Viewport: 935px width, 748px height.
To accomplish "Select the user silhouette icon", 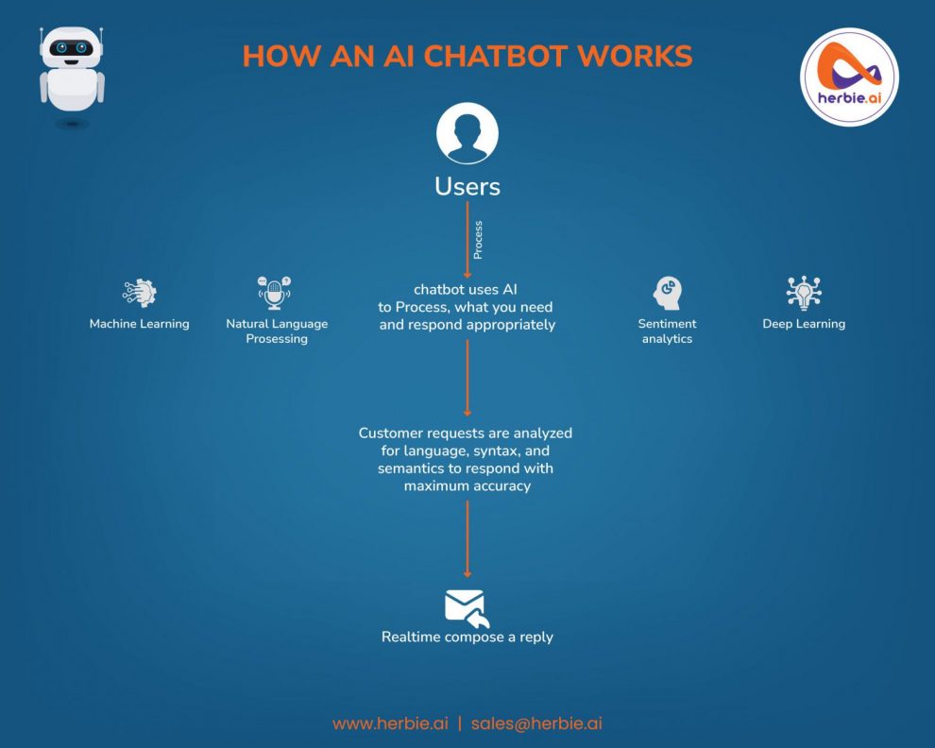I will pyautogui.click(x=467, y=135).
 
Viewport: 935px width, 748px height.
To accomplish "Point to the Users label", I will pyautogui.click(x=467, y=186).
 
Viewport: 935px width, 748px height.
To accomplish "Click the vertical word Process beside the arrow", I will pyautogui.click(x=478, y=242).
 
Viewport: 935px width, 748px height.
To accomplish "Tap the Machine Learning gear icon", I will pyautogui.click(x=140, y=293).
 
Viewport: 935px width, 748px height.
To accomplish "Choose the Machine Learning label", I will pyautogui.click(x=140, y=324).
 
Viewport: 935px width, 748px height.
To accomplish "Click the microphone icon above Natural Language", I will pyautogui.click(x=275, y=294).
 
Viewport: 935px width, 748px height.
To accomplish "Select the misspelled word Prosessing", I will pyautogui.click(x=277, y=339).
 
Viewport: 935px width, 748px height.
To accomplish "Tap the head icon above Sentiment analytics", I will pyautogui.click(x=668, y=294).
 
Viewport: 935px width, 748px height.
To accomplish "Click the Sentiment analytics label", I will pyautogui.click(x=667, y=331).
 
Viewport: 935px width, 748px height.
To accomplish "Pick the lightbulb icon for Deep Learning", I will pyautogui.click(x=804, y=293).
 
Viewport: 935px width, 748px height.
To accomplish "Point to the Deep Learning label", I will pyautogui.click(x=804, y=324).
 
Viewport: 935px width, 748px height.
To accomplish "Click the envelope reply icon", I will pyautogui.click(x=467, y=607).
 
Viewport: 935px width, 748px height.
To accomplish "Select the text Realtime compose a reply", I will pyautogui.click(x=467, y=637).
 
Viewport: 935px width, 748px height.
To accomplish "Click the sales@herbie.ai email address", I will pyautogui.click(x=536, y=723).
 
